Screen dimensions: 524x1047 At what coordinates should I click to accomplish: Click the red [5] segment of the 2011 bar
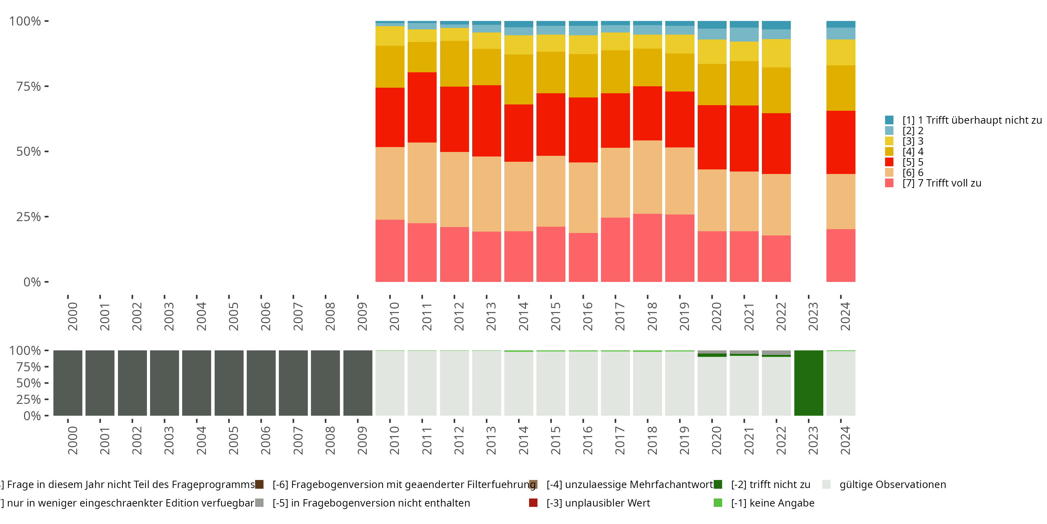[422, 107]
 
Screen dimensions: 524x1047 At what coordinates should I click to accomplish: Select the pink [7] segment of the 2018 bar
[647, 248]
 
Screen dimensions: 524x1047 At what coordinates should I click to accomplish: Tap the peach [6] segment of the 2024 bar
[840, 201]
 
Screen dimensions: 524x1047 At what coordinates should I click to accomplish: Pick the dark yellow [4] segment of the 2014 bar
[519, 79]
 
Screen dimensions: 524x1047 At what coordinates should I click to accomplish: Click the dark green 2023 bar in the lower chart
[808, 383]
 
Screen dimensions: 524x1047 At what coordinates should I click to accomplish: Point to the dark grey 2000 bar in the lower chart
[68, 383]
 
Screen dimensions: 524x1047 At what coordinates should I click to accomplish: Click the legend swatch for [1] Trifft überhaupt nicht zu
[889, 120]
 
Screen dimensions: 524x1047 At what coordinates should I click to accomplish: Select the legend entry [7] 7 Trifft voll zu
[941, 183]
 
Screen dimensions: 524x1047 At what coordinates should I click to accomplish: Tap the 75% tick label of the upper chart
[29, 86]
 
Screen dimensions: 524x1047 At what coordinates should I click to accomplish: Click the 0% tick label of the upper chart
[32, 282]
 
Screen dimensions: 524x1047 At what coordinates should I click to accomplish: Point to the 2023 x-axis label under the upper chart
[812, 316]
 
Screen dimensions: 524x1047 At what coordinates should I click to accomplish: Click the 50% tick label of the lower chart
[29, 383]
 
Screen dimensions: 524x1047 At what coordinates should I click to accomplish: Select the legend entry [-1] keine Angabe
[772, 503]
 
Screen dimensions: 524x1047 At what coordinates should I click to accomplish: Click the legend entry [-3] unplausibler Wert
[598, 503]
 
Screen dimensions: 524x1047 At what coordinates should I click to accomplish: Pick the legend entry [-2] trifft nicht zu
[770, 485]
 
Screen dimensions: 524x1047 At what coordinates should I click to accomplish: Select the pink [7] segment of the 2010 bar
[390, 250]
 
